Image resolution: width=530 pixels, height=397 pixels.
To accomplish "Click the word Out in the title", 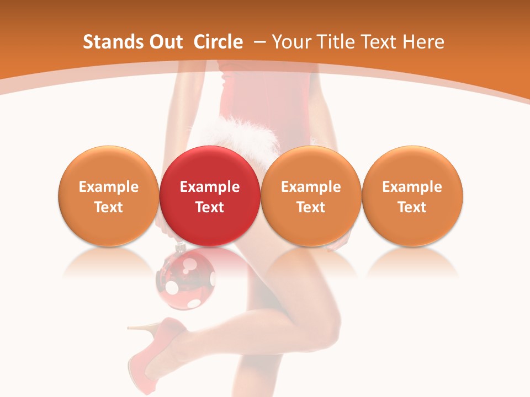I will (x=165, y=42).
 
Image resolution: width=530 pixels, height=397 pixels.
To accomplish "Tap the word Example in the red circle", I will (x=210, y=187).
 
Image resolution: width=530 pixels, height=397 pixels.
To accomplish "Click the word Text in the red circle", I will (x=210, y=207).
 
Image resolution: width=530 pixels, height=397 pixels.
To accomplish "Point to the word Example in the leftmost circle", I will (x=108, y=187).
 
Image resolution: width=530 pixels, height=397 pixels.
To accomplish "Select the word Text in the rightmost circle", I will (x=412, y=207).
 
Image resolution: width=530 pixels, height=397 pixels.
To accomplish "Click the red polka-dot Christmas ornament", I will (x=185, y=278).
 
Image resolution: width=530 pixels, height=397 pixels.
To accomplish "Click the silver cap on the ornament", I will (x=179, y=249).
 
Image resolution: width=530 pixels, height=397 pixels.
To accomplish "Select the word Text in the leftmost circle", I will (x=108, y=207).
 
